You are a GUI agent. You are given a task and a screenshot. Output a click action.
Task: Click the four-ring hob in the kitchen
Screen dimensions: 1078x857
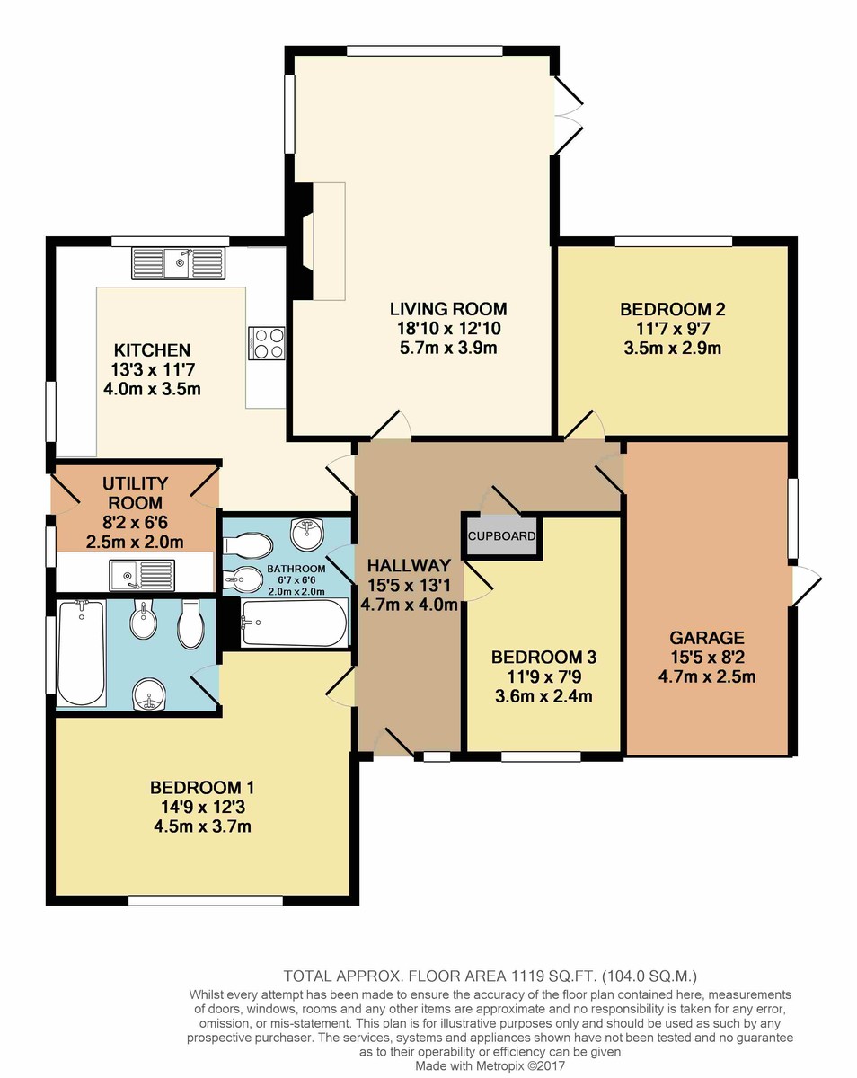coord(266,343)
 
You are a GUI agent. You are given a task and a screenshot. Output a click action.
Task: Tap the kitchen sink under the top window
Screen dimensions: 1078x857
coord(178,262)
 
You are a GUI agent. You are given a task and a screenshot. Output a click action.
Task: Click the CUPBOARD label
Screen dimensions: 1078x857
coord(501,536)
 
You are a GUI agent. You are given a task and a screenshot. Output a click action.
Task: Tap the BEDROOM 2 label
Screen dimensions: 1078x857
coord(672,310)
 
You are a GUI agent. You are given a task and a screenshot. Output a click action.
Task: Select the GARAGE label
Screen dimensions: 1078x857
coord(706,638)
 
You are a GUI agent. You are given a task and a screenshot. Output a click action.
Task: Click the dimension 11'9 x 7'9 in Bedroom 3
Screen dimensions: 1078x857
coord(543,676)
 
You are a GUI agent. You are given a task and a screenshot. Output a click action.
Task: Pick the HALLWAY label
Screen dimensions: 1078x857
coord(408,565)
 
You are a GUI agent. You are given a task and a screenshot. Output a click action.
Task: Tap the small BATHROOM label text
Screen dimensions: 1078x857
coord(296,570)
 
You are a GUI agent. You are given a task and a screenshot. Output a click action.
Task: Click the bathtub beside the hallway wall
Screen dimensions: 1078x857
coord(294,623)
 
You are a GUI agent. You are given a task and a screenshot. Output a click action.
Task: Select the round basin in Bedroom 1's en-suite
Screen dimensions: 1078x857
coord(151,694)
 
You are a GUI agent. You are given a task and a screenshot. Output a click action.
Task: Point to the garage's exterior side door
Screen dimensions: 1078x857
coord(807,587)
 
